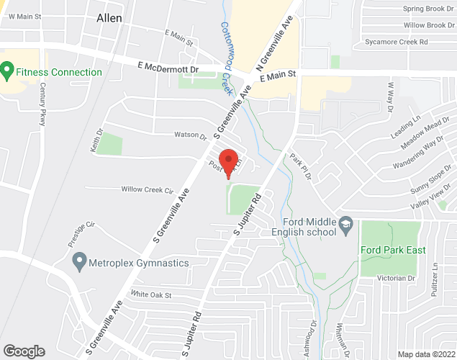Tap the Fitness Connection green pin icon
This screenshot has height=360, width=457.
pyautogui.click(x=8, y=72)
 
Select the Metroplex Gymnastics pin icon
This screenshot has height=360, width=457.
pyautogui.click(x=80, y=263)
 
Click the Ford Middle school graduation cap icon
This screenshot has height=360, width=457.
pyautogui.click(x=345, y=226)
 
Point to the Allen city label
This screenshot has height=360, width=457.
pyautogui.click(x=109, y=18)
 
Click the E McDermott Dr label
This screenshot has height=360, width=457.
pyautogui.click(x=169, y=66)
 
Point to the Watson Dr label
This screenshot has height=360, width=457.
pyautogui.click(x=191, y=135)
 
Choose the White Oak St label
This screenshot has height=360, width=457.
pyautogui.click(x=151, y=294)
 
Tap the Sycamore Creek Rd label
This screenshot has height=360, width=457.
pyautogui.click(x=417, y=42)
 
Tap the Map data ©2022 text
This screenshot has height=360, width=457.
pyautogui.click(x=427, y=354)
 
